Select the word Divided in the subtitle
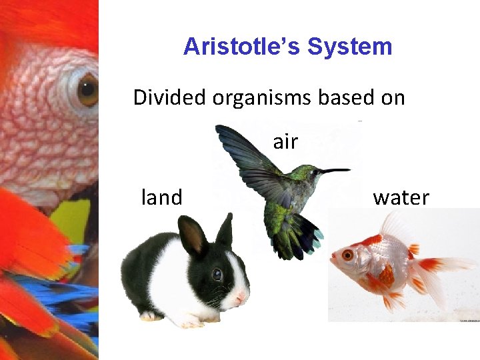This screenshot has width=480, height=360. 170,97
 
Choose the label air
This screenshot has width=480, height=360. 285,141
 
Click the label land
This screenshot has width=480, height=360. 161,197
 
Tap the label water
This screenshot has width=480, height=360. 401,197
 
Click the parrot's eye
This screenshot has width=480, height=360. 88,90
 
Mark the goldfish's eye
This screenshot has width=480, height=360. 347,255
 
